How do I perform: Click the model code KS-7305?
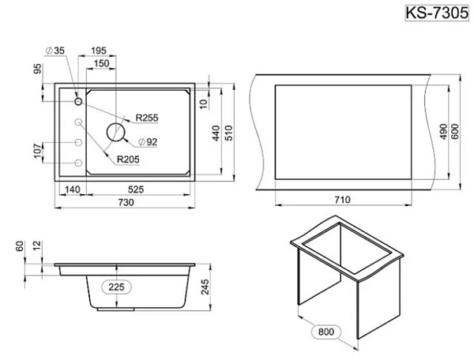pyautogui.click(x=437, y=13)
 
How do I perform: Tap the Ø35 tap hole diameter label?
pyautogui.click(x=55, y=51)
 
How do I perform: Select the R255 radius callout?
pyautogui.click(x=147, y=118)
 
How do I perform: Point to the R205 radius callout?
pyautogui.click(x=128, y=159)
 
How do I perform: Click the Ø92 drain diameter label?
pyautogui.click(x=148, y=141)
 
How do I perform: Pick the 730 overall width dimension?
pyautogui.click(x=126, y=202)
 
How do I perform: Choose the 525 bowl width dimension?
pyautogui.click(x=136, y=189)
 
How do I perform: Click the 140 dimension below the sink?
pyautogui.click(x=73, y=189)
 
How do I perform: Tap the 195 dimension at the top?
pyautogui.click(x=99, y=51)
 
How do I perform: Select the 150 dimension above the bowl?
pyautogui.click(x=102, y=63)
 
